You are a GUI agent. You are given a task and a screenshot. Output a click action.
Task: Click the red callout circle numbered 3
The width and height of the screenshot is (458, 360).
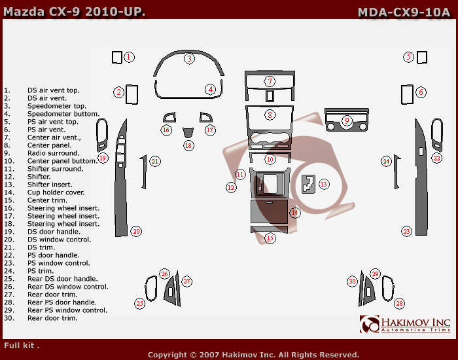click(189, 59)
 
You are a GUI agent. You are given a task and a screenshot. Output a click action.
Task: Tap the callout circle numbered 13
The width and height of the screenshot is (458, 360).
click(324, 184)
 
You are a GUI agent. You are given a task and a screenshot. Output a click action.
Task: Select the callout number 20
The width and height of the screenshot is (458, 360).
click(136, 232)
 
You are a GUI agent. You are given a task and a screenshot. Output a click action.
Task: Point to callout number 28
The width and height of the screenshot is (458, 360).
click(399, 303)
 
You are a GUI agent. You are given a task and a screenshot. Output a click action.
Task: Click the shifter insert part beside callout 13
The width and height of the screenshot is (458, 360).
click(308, 184)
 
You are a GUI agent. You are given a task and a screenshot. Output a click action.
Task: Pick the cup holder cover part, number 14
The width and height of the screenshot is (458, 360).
click(270, 211)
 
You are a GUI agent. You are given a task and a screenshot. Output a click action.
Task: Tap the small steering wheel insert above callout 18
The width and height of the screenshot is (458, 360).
click(188, 132)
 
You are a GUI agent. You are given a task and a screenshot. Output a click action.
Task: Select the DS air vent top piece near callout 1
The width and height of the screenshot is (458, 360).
click(117, 58)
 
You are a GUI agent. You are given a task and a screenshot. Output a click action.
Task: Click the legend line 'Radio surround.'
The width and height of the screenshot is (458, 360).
click(53, 153)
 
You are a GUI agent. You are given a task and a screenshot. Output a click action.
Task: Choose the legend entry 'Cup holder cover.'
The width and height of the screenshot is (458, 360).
click(56, 192)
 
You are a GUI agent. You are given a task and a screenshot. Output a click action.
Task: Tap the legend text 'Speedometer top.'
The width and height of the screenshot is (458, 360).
click(57, 106)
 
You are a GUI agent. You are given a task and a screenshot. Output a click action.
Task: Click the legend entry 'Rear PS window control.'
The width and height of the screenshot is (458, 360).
click(67, 310)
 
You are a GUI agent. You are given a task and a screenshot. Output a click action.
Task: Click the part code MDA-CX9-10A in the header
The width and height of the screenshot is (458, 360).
click(404, 12)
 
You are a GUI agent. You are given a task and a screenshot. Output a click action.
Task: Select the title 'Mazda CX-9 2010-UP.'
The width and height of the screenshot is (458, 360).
click(74, 12)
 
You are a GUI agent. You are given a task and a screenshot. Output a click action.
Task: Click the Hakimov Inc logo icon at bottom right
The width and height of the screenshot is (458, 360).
click(370, 324)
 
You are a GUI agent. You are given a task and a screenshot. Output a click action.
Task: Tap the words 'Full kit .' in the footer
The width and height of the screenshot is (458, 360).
click(22, 346)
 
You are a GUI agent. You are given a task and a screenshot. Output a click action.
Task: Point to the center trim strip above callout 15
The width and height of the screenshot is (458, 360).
click(269, 229)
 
